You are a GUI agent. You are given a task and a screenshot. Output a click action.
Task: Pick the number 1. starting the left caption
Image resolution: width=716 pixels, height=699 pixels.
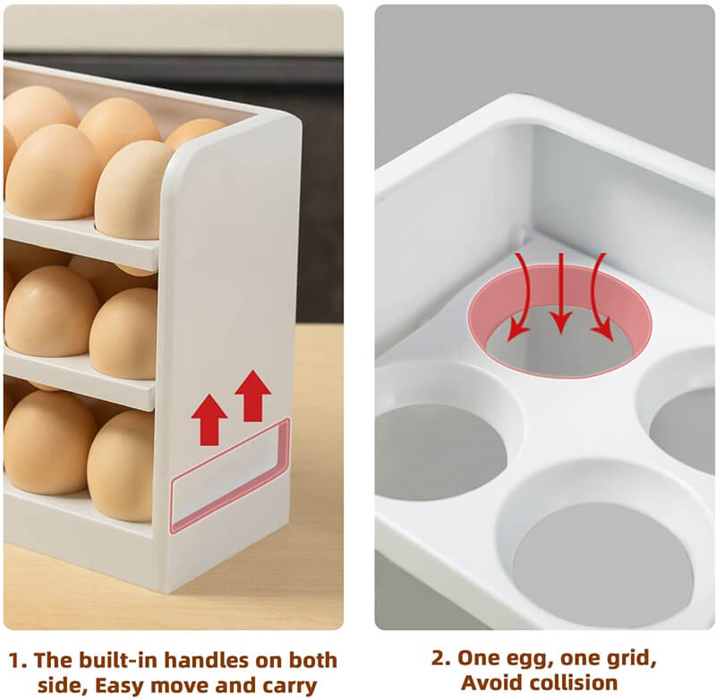tap(18, 661)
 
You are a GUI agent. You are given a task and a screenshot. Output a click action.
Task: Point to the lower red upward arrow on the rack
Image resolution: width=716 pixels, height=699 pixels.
tap(209, 419)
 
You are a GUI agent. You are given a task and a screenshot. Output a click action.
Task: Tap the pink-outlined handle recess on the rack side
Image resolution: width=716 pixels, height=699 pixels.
tap(230, 474)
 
